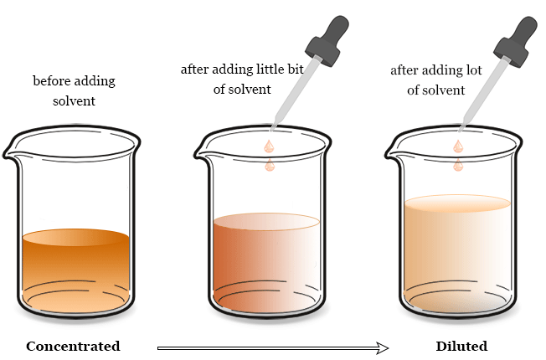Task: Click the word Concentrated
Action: coord(73,346)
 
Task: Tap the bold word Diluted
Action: coord(461,346)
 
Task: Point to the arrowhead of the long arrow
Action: coord(383,347)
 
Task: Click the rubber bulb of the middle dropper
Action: coord(327,40)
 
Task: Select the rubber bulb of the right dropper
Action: coord(515,41)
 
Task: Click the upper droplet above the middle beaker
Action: coord(269,147)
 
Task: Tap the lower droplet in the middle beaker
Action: coord(270,165)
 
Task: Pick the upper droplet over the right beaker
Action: coord(458,147)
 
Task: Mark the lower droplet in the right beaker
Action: coord(458,165)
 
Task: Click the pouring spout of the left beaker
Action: coord(10,153)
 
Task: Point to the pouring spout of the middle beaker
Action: coord(201,153)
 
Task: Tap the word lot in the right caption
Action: coord(474,70)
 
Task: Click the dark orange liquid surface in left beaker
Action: coord(76,237)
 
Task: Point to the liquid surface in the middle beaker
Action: coord(266,221)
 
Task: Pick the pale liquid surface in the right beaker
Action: coord(457,203)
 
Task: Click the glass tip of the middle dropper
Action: coord(273,127)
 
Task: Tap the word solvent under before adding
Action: coord(74,101)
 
